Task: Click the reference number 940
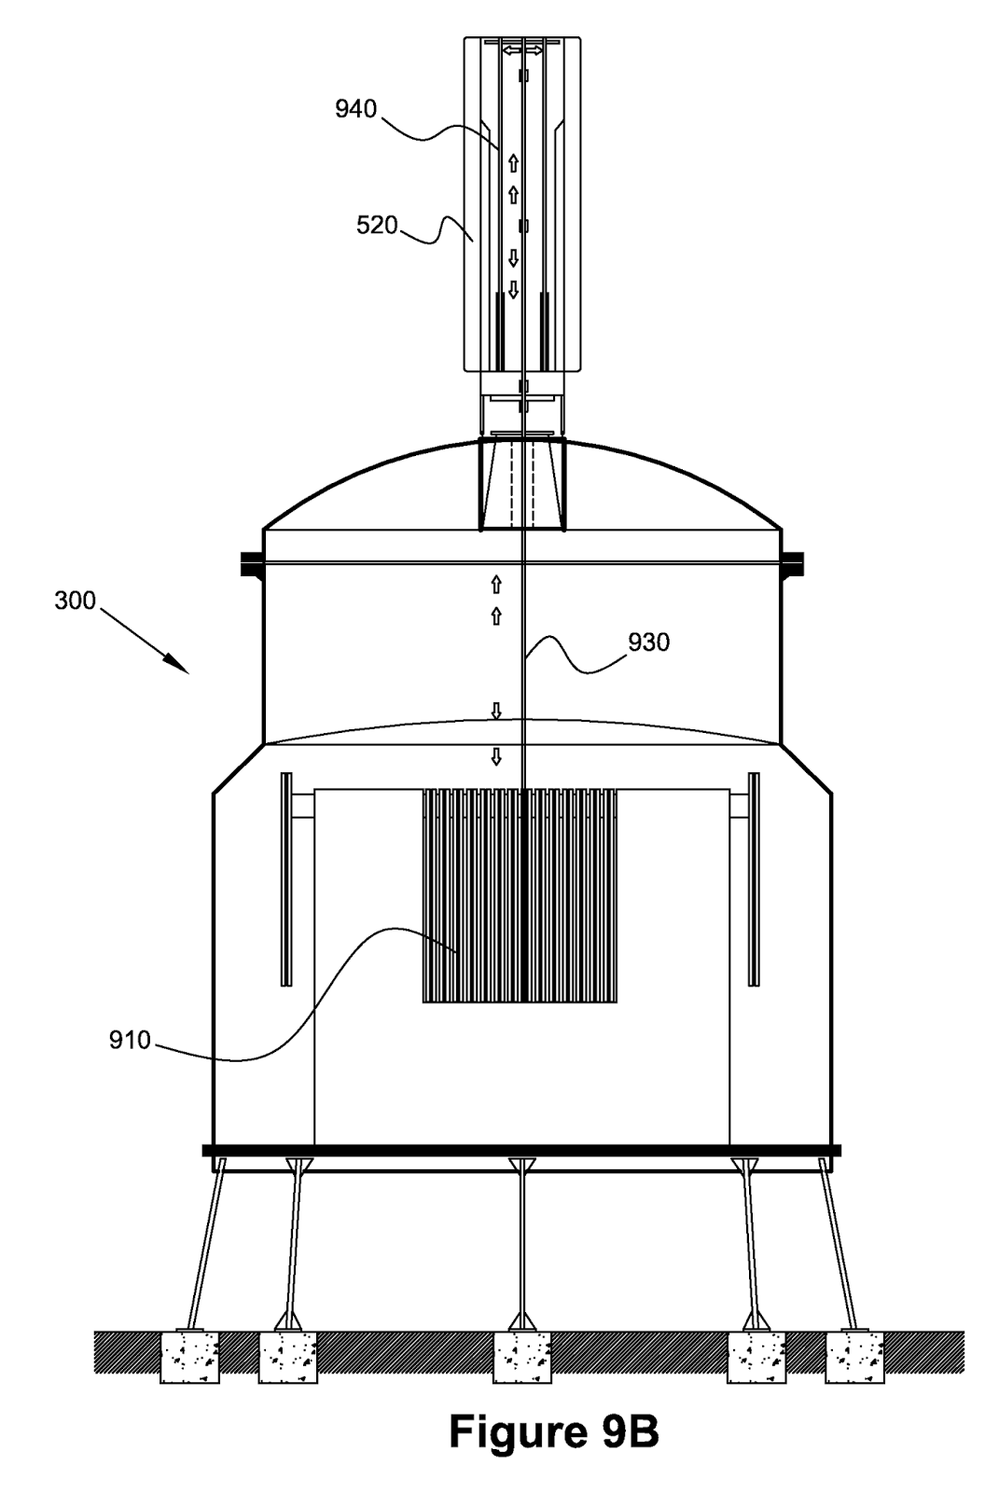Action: pyautogui.click(x=355, y=110)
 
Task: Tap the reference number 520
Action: pyautogui.click(x=377, y=226)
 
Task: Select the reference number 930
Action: pyautogui.click(x=648, y=642)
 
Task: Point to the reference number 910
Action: pyautogui.click(x=130, y=1041)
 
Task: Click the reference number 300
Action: pyautogui.click(x=75, y=601)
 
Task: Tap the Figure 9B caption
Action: pyautogui.click(x=554, y=1432)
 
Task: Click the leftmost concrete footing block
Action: pyautogui.click(x=189, y=1357)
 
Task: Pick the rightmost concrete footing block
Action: pyautogui.click(x=854, y=1357)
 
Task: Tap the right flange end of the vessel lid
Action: pyautogui.click(x=794, y=562)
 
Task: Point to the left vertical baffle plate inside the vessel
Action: pyautogui.click(x=285, y=878)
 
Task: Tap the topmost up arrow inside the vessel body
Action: pyautogui.click(x=496, y=585)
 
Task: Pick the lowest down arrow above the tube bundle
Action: pyautogui.click(x=496, y=756)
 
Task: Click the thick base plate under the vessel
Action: pyautogui.click(x=521, y=1151)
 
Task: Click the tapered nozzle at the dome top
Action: pyautogui.click(x=522, y=485)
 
